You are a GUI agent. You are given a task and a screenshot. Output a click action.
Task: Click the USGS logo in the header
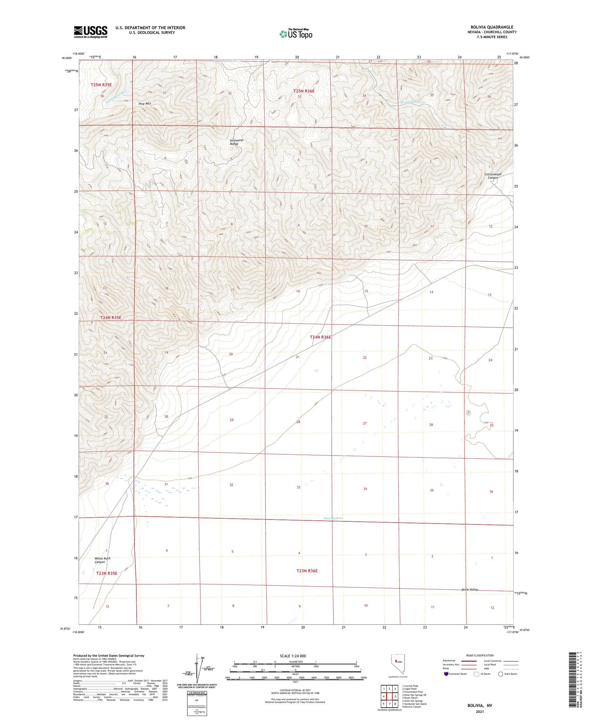tap(90, 32)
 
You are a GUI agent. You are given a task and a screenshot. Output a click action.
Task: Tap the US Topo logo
tap(296, 34)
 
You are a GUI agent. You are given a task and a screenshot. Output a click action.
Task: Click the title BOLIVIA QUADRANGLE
tap(491, 27)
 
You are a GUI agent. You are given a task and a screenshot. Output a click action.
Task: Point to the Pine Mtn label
tap(145, 104)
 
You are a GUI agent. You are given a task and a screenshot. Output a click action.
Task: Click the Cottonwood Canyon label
tap(493, 176)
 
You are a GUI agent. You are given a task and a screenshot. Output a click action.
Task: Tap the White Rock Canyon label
tap(102, 560)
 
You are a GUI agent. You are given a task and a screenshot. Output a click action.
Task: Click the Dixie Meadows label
tap(333, 518)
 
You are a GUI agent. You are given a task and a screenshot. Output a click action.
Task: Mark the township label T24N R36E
tap(320, 337)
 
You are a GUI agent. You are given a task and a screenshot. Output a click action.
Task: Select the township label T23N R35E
tap(107, 573)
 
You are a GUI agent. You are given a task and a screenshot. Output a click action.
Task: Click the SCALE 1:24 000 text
tap(292, 656)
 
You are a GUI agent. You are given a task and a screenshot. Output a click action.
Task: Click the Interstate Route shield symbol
tap(446, 674)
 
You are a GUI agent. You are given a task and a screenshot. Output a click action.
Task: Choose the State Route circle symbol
tap(501, 674)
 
